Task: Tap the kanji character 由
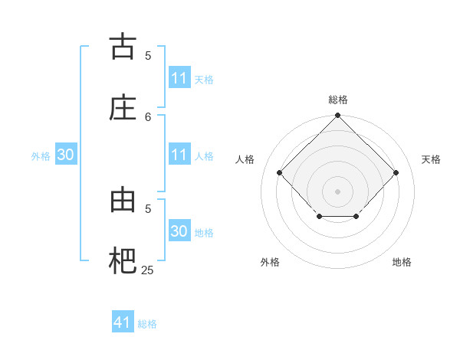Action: click(123, 200)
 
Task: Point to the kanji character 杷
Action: click(123, 261)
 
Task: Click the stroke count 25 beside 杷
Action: click(147, 270)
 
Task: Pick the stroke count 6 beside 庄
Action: click(148, 116)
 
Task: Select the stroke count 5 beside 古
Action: click(148, 55)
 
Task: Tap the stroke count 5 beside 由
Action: click(148, 208)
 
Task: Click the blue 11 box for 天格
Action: click(179, 78)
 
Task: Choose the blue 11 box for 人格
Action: click(179, 155)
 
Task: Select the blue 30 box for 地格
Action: click(179, 231)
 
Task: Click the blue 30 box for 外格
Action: click(65, 155)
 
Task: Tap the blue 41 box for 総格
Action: click(123, 322)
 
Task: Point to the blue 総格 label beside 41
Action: click(147, 324)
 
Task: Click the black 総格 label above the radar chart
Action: click(337, 100)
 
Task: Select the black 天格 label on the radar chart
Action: click(431, 159)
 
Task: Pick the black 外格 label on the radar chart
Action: click(270, 262)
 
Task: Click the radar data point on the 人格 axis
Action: click(280, 172)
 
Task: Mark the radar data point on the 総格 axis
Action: click(337, 116)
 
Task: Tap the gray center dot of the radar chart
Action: click(337, 191)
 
